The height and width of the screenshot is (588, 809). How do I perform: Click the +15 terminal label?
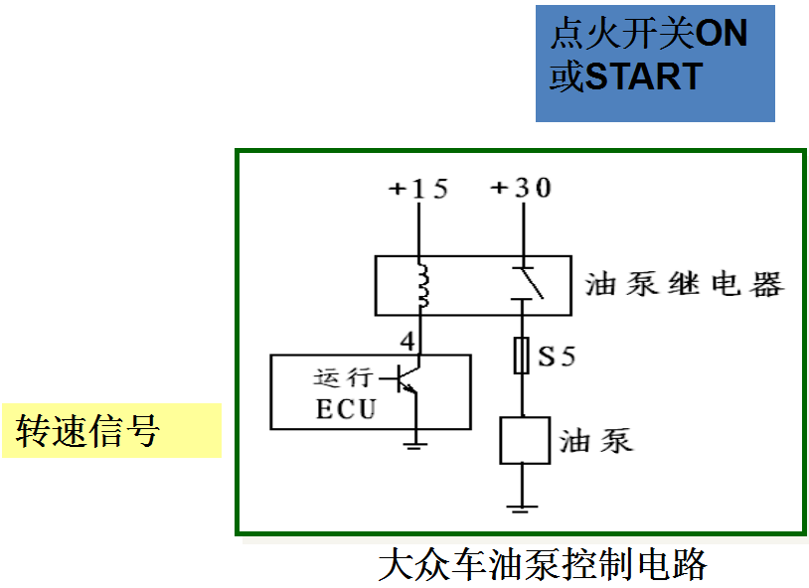click(416, 188)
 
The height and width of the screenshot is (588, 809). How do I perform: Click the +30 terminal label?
click(520, 187)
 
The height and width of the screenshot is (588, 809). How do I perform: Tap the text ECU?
click(346, 408)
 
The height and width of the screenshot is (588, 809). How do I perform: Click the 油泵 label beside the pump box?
click(596, 440)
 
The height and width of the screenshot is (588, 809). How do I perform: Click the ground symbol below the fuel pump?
click(521, 508)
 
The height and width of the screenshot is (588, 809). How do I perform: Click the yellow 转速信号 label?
click(89, 431)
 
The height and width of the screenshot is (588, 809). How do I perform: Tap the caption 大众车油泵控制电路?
click(542, 565)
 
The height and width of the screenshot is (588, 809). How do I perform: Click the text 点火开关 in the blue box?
click(622, 35)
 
